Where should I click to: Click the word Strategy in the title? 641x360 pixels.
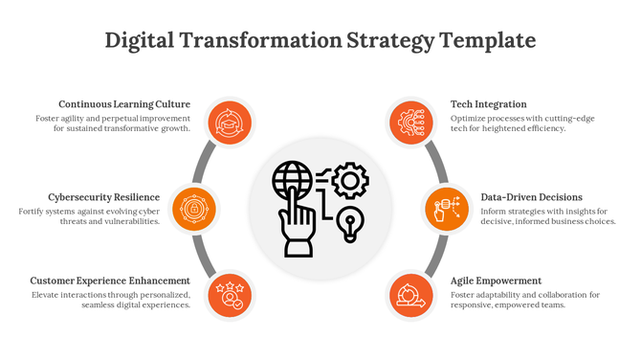(x=387, y=41)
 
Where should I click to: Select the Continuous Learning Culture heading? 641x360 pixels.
(x=124, y=104)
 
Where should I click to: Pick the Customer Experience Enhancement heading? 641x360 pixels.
(x=110, y=281)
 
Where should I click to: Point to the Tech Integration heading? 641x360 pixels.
(x=488, y=104)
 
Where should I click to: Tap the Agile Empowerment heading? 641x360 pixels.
(x=496, y=281)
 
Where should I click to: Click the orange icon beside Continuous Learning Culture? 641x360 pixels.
(x=229, y=123)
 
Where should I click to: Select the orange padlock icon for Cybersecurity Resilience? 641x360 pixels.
(x=193, y=208)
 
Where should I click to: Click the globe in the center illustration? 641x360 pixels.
(x=292, y=179)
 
